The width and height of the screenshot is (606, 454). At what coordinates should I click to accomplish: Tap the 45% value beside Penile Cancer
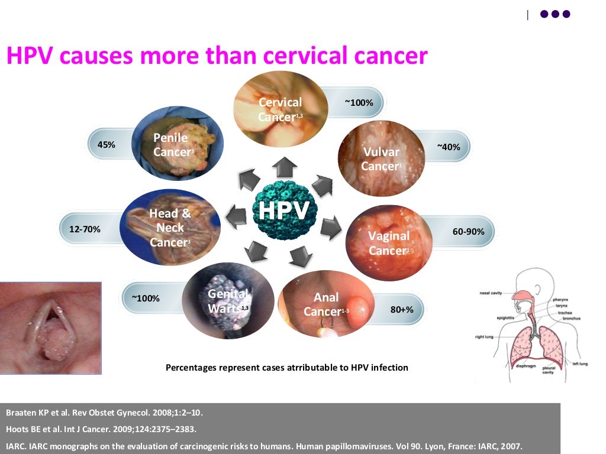tap(106, 144)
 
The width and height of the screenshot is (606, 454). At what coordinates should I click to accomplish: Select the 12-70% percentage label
tap(85, 228)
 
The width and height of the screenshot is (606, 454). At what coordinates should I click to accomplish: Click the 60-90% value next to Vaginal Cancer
tap(469, 232)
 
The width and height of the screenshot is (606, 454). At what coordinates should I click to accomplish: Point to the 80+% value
tap(402, 309)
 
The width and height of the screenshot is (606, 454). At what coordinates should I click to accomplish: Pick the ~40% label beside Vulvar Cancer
tap(449, 147)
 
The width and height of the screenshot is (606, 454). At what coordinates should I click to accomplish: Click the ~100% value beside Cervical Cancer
tap(359, 103)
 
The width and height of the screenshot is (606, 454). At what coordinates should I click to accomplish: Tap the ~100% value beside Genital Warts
tap(146, 298)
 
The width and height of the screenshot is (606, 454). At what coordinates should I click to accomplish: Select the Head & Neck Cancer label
tap(170, 228)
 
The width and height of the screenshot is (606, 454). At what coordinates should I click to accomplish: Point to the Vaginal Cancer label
tap(389, 243)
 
